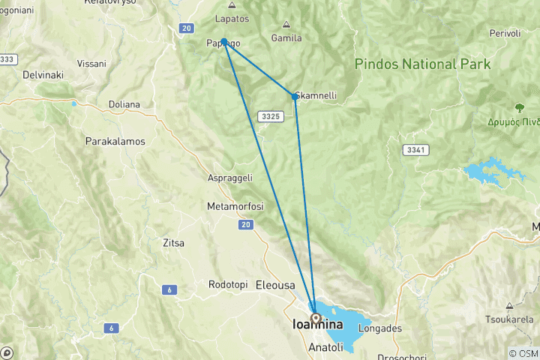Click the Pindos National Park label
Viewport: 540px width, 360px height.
click(x=423, y=64)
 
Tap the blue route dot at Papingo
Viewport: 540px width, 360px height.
click(x=224, y=42)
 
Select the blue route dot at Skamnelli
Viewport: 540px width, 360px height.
click(x=295, y=96)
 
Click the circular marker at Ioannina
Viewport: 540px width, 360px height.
click(x=316, y=318)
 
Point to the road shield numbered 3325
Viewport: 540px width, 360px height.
click(x=271, y=116)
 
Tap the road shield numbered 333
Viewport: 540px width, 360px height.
click(x=7, y=58)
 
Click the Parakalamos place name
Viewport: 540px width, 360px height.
click(x=115, y=141)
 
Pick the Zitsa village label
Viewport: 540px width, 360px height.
click(x=173, y=243)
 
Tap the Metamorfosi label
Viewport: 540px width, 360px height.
click(x=236, y=205)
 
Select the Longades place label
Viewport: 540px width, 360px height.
click(x=381, y=328)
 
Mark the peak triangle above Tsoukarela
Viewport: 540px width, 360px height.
click(x=509, y=306)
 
